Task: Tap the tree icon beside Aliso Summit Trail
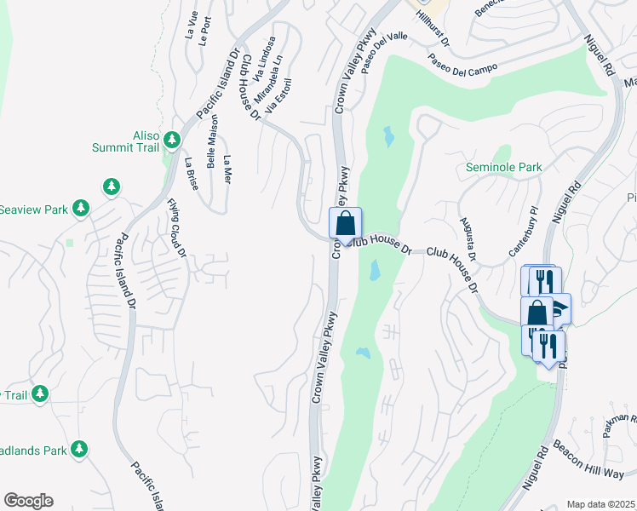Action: coord(172,139)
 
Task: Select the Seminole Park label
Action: coord(503,168)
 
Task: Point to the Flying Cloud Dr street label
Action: coord(176,227)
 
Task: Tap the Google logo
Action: coord(28,501)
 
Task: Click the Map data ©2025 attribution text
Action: coord(600,504)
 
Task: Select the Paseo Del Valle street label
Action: coord(385,53)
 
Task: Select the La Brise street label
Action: coord(192,173)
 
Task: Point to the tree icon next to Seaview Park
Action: coord(81,207)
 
